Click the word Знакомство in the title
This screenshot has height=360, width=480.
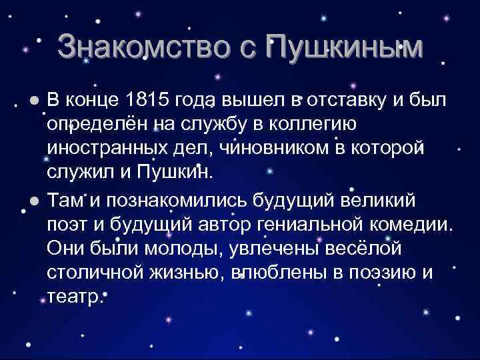(x=151, y=47)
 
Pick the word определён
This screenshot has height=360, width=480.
(x=97, y=125)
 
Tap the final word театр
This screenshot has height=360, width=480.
(x=75, y=297)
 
